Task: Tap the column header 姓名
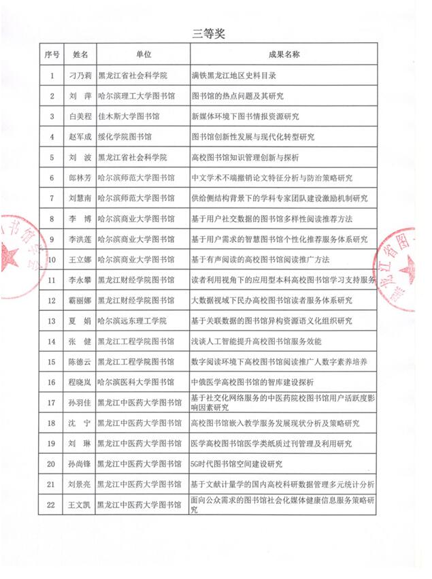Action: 80,54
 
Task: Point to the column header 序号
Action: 52,54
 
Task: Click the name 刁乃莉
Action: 80,76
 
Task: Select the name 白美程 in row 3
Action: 80,117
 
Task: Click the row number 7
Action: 52,199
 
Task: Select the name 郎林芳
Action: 80,178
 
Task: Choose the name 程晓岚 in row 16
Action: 80,382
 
